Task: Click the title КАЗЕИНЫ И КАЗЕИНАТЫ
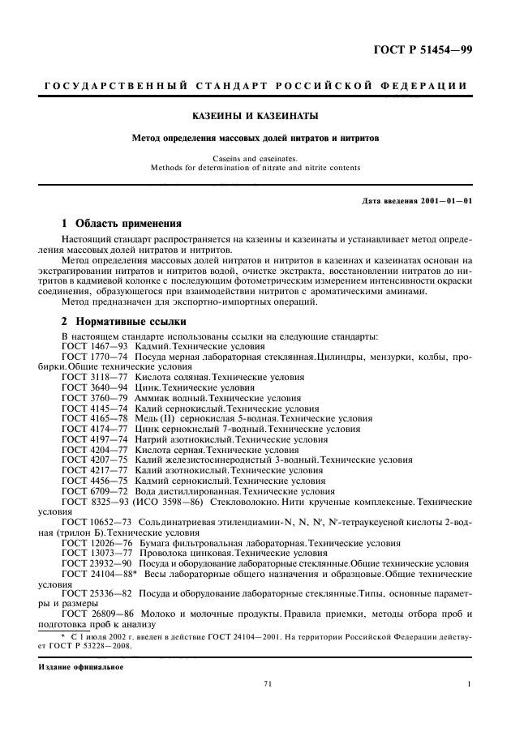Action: (x=255, y=116)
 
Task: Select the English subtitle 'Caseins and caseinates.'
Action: (x=255, y=159)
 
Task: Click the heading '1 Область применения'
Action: (x=122, y=223)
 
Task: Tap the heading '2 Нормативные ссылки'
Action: (x=118, y=320)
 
